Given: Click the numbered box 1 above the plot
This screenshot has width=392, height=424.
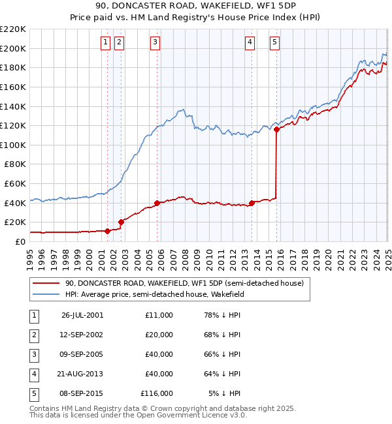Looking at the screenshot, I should pos(106,42).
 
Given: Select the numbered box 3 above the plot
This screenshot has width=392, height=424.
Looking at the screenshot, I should pos(155,42).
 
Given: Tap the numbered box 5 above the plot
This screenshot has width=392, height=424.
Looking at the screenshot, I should pos(274,42).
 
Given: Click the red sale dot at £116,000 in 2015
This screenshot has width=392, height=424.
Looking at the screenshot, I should pos(276,129).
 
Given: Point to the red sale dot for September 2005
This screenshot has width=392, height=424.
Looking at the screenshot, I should pos(157,203).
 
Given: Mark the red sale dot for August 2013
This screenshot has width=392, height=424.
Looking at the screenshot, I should pos(252,203).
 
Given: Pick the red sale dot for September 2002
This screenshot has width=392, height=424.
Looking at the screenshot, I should pos(121,222).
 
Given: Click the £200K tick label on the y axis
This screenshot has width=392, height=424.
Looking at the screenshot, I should pos(14,48).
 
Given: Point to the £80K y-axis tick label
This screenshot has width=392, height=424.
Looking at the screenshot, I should pos(16,164).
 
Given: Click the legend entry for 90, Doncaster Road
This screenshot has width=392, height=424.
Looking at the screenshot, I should pos(184,284).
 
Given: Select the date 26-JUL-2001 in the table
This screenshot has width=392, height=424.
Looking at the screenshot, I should pos(82,315).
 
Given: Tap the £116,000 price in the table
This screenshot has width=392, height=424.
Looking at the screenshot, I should pos(157,393).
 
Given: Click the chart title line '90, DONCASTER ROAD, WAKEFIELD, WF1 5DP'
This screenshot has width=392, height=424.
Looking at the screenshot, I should pos(195,7).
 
